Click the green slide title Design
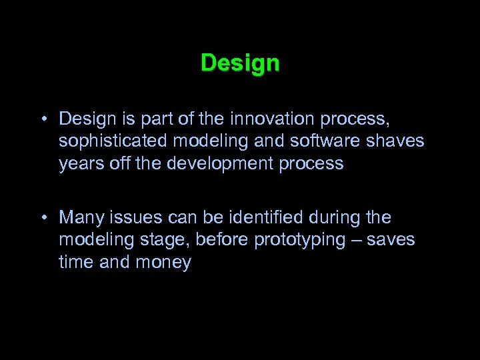point(240,64)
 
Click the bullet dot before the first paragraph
point(42,119)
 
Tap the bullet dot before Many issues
point(42,218)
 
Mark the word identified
point(267,218)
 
